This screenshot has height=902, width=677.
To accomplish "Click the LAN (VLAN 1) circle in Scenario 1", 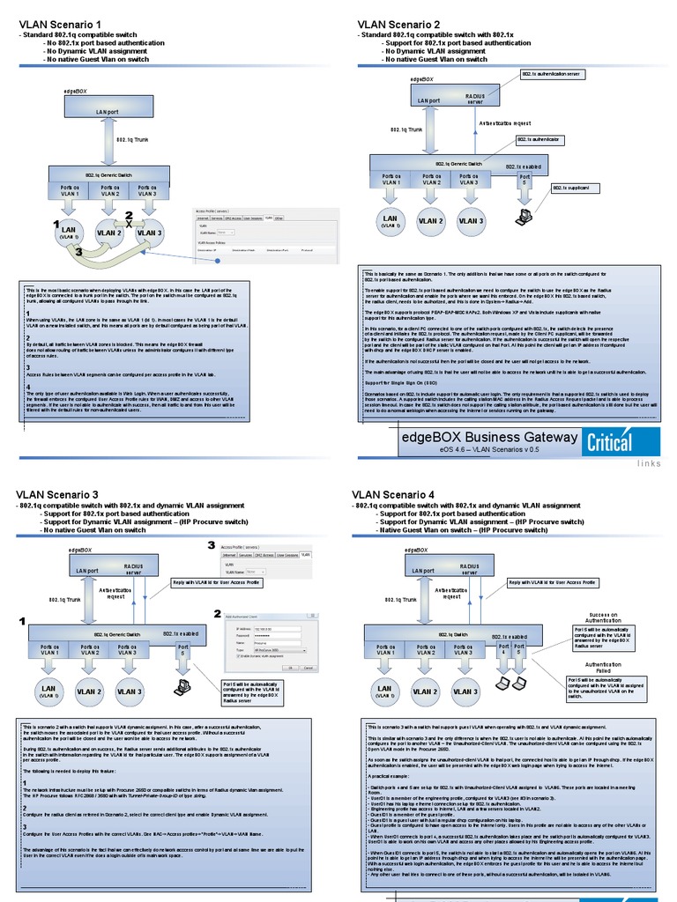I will coord(70,233).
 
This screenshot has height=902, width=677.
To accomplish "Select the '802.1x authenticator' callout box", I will coord(538,140).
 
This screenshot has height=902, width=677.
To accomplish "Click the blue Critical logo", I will coord(609,442).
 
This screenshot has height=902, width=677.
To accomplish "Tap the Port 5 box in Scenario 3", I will coord(182,650).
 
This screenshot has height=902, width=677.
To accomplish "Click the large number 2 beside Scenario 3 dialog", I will coord(218,613).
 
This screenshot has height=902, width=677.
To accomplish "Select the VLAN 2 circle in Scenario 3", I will coord(88,691).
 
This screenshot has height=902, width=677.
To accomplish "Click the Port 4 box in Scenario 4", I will coord(504,650).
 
